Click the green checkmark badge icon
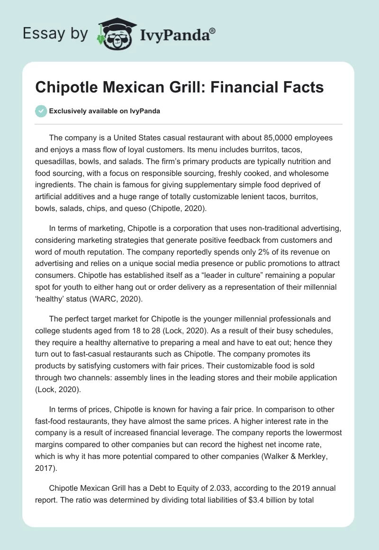41,111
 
